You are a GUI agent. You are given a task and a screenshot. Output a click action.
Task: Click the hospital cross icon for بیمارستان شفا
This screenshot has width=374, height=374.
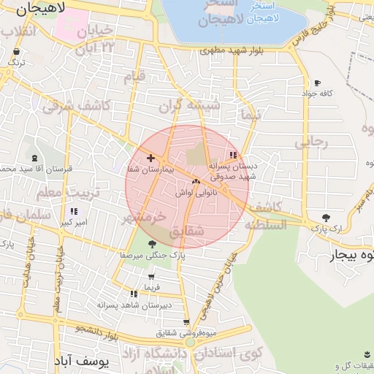151,158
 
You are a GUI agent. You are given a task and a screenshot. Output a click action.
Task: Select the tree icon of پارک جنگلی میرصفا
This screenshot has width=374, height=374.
152,245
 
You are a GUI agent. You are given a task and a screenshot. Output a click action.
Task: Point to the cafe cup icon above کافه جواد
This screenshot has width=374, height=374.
316,83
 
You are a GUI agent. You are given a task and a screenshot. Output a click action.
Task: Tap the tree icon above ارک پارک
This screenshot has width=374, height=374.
326,218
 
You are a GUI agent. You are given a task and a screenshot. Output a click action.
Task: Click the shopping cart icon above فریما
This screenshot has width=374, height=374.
151,277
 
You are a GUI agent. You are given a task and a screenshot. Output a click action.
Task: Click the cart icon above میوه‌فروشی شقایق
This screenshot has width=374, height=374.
187,322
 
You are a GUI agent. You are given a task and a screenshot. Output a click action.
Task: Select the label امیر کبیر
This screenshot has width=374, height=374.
74,222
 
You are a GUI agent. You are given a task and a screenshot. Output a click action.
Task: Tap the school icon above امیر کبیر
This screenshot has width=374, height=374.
74,212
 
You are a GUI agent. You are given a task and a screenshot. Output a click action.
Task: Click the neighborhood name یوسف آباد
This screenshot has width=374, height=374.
81,361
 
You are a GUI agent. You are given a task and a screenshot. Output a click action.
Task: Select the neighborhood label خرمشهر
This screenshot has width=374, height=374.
145,217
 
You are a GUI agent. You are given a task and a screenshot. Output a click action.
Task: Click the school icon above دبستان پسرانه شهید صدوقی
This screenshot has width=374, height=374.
233,155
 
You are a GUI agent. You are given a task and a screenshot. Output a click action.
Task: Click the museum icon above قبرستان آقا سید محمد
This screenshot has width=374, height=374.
34,159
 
